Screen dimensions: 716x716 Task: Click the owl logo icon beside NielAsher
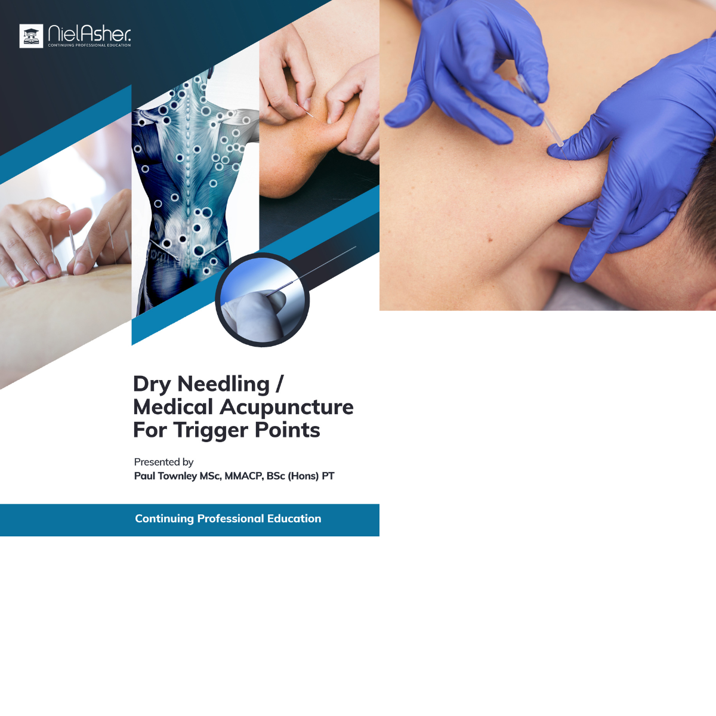(x=31, y=36)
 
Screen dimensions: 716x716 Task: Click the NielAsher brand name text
(x=89, y=33)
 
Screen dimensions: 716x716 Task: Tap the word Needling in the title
(x=224, y=384)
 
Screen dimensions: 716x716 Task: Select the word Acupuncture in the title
(x=286, y=407)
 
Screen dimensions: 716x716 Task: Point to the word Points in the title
(x=287, y=430)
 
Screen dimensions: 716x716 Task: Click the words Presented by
(x=163, y=462)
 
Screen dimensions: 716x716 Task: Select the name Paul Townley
(x=165, y=476)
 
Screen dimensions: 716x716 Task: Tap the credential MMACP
(x=244, y=476)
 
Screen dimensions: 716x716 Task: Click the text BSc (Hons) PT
(x=301, y=476)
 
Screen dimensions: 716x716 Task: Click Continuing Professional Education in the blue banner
(x=228, y=519)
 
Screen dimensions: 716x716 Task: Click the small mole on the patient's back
(x=490, y=240)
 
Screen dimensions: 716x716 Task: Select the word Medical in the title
(x=173, y=408)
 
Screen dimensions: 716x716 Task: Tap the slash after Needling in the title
(x=279, y=384)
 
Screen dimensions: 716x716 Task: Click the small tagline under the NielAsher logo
(x=89, y=45)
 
